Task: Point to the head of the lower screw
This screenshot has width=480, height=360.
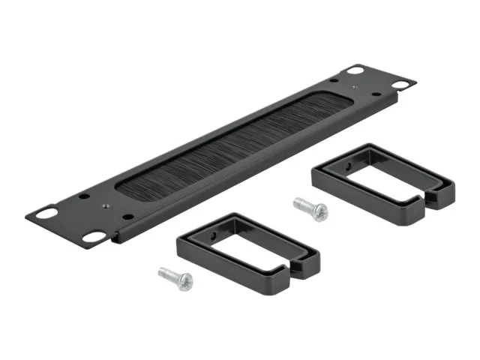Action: pos(184,281)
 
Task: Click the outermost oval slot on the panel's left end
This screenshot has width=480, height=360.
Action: pos(46,213)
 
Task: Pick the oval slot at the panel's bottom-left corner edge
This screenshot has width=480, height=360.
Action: pos(94,237)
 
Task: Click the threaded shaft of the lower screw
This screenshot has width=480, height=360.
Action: pos(168,274)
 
